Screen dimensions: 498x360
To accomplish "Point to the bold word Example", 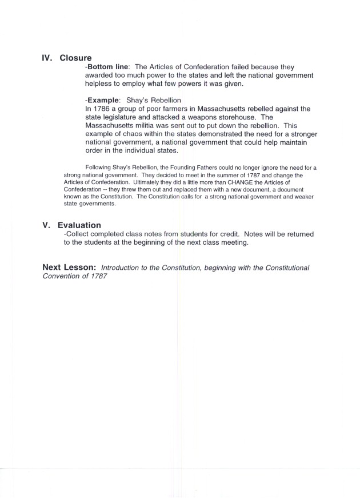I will click(x=103, y=100).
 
